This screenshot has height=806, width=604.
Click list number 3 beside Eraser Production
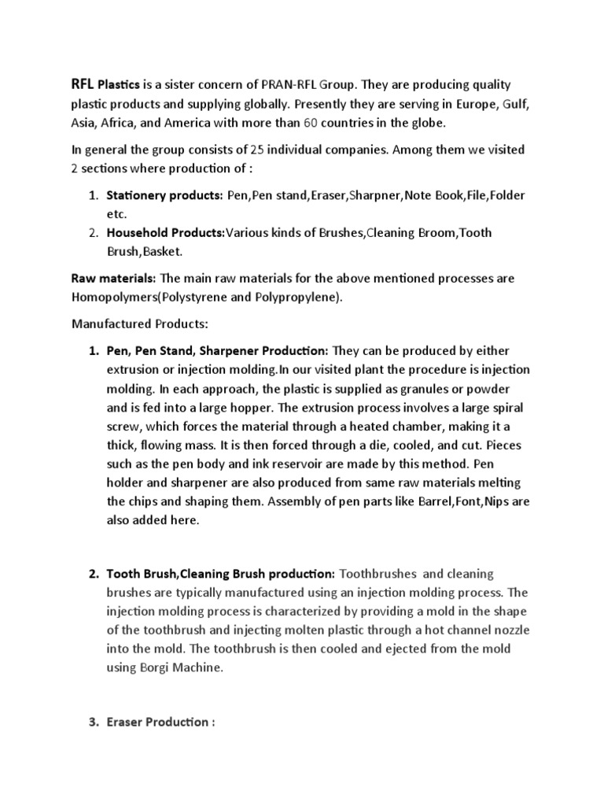point(93,722)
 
